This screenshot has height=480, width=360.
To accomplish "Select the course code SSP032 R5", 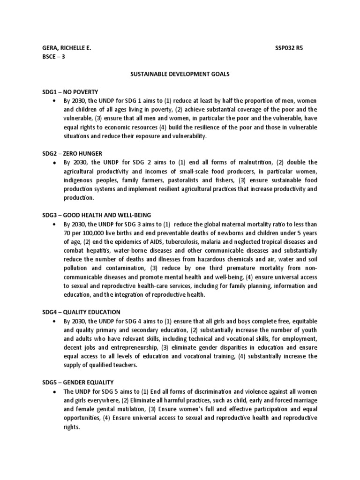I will pyautogui.click(x=289, y=48).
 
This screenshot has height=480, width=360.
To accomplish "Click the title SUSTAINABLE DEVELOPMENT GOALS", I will pyautogui.click(x=179, y=74).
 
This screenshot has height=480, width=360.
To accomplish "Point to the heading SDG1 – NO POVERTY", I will pyautogui.click(x=70, y=92).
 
